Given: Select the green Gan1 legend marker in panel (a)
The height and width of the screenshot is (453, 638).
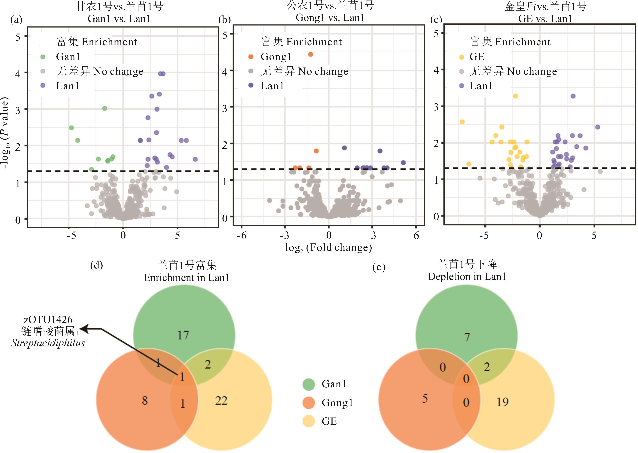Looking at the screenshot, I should (43, 57).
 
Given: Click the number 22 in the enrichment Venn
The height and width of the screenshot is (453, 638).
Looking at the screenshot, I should (221, 401).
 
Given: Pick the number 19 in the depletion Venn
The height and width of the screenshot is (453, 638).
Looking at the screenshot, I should (502, 402).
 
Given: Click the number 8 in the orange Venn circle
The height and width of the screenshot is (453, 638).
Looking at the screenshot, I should (145, 401).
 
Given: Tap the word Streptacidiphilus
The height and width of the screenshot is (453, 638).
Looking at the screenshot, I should (48, 343).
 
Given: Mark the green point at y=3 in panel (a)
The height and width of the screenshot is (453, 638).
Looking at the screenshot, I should (104, 108).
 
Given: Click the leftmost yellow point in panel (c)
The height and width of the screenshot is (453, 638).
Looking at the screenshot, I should (462, 122).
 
